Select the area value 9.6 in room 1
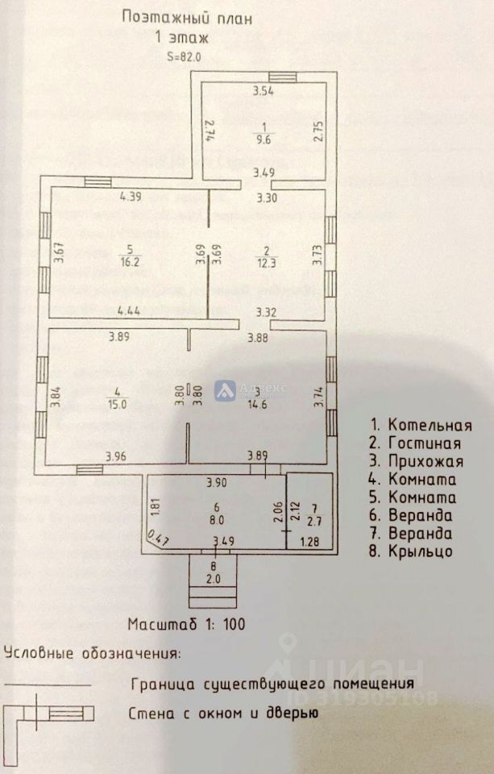click(x=264, y=138)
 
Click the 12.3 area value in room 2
click(x=264, y=262)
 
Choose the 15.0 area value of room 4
click(x=118, y=405)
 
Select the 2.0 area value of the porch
click(x=214, y=579)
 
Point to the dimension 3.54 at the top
click(x=264, y=91)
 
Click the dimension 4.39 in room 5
click(x=131, y=195)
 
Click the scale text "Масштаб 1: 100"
click(x=186, y=623)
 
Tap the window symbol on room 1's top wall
click(x=283, y=77)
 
